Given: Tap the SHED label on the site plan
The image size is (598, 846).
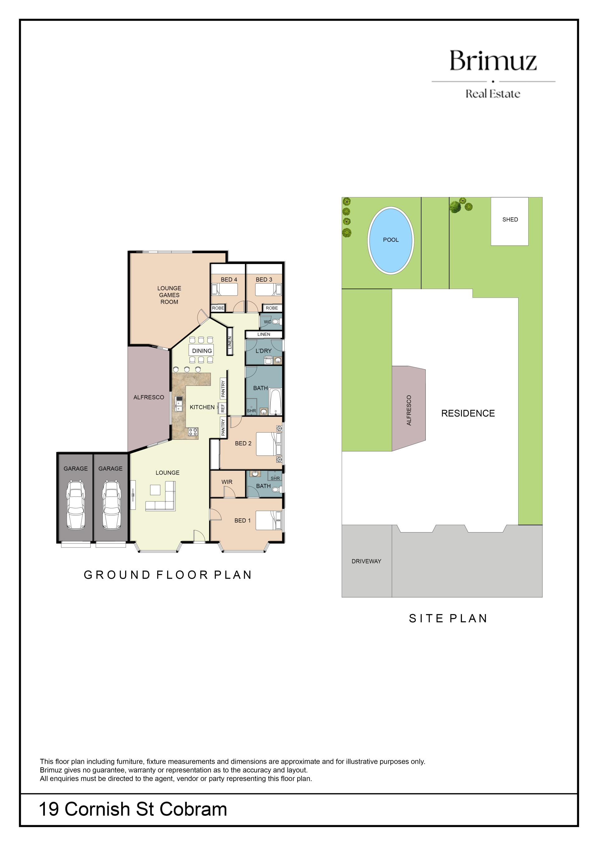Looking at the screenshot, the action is (510, 220).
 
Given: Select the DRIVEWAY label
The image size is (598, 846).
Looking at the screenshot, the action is (366, 561).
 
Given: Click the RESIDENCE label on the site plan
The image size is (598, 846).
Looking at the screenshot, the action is (468, 413).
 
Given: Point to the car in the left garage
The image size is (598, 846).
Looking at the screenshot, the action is (75, 504).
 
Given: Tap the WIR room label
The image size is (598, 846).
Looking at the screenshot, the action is (227, 482).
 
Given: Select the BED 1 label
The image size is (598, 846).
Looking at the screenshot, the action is (242, 521).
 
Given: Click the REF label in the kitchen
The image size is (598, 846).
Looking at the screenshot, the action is (223, 408).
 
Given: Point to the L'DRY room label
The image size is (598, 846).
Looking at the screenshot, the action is (263, 351).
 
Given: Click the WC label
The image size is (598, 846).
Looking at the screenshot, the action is (267, 322).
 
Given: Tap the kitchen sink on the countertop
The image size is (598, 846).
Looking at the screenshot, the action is (179, 404).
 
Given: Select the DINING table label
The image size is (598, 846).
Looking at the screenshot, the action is (202, 351).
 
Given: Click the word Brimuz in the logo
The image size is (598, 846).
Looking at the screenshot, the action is (493, 61).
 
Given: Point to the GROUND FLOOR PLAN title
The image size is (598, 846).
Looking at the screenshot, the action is (168, 575).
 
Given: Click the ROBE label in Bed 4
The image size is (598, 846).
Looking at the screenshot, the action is (218, 308).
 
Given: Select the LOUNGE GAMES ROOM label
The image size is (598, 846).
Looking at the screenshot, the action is (169, 295).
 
